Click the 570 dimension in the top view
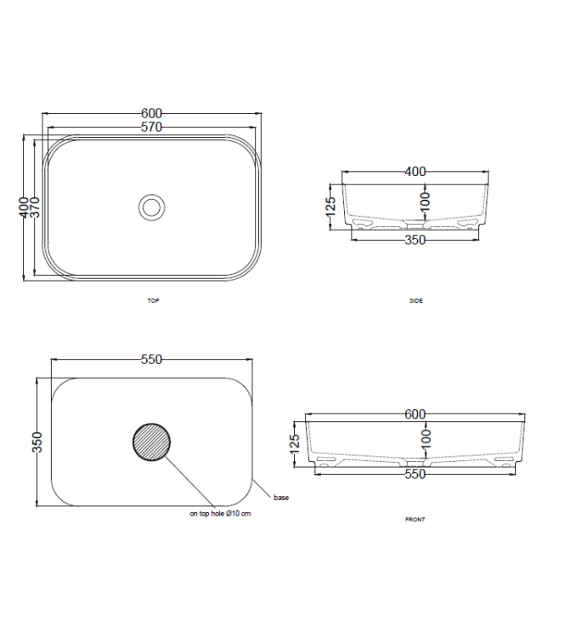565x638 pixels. [151, 128]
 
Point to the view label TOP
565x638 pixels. [153, 301]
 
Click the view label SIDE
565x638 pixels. [415, 301]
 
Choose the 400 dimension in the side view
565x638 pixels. [415, 172]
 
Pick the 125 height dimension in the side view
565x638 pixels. [331, 206]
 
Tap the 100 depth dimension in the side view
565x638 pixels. [426, 201]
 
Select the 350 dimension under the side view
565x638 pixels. [415, 240]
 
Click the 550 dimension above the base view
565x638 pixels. [151, 360]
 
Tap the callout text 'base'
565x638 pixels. [280, 498]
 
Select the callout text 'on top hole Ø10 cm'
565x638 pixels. [220, 514]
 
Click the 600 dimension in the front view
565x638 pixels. [415, 414]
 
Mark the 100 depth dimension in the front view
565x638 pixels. [426, 438]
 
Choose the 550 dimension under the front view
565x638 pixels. [415, 475]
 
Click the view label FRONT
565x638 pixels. [415, 519]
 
